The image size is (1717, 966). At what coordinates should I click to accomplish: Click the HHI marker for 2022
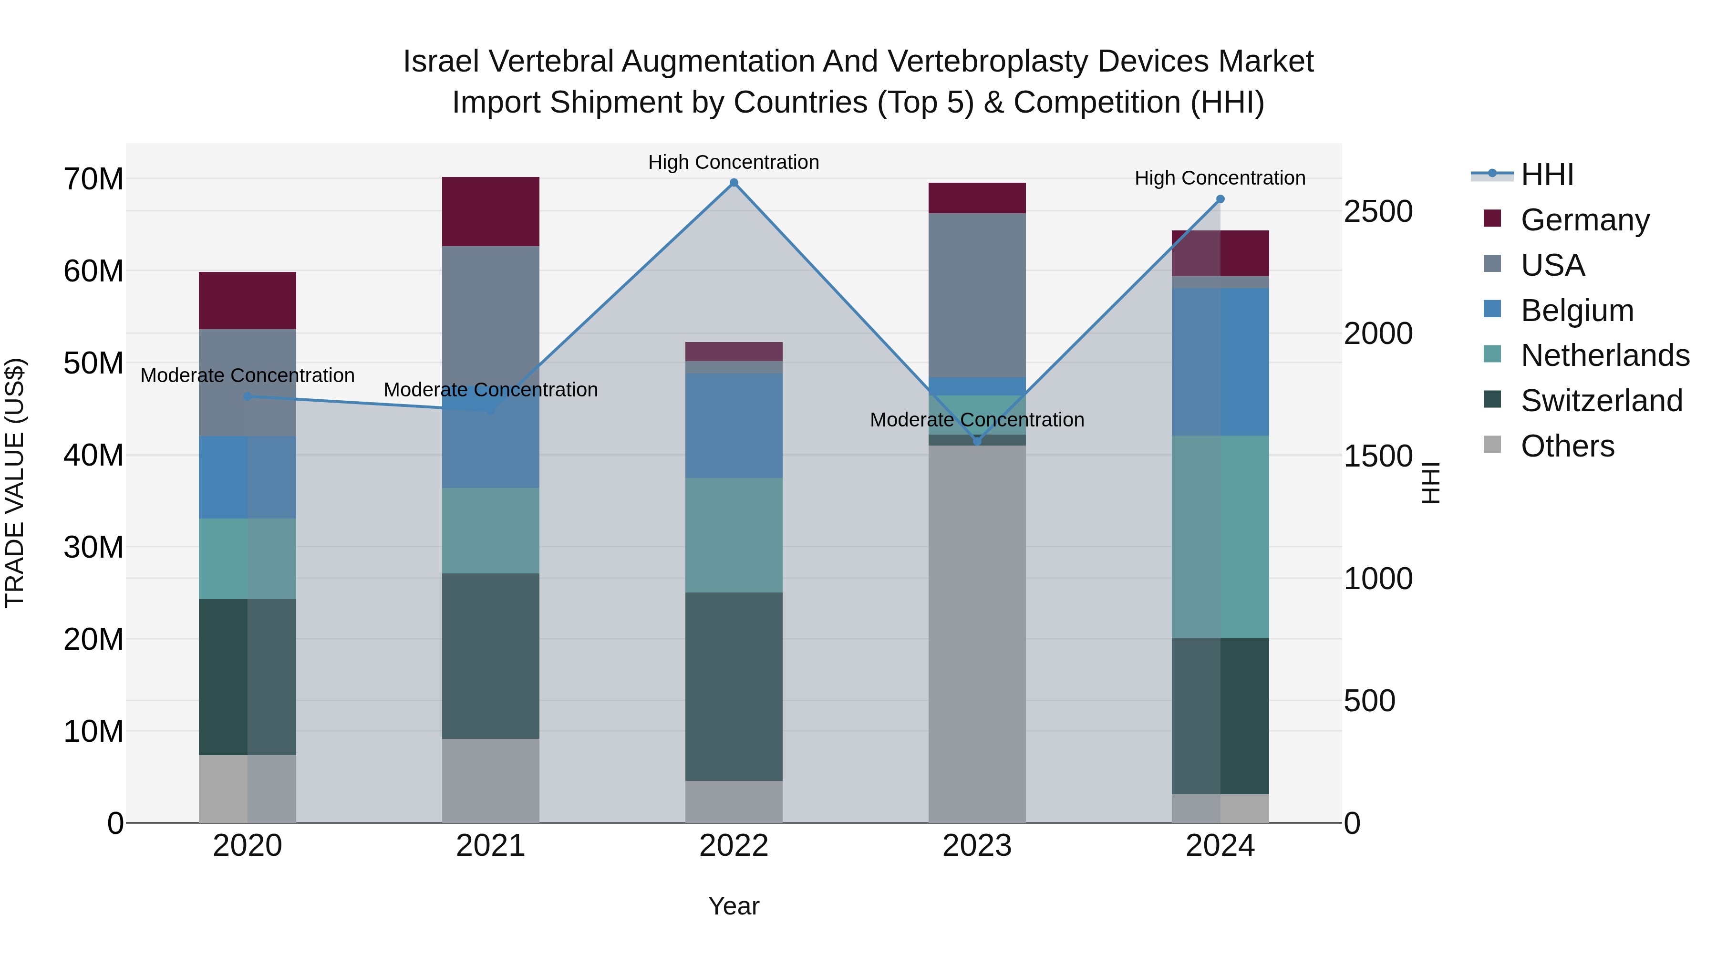point(734,183)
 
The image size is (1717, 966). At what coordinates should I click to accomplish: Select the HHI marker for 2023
point(977,441)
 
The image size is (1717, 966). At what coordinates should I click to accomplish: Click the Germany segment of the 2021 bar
point(491,212)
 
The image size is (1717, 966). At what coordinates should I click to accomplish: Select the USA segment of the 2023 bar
point(977,295)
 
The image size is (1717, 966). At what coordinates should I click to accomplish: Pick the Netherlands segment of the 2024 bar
point(1221,537)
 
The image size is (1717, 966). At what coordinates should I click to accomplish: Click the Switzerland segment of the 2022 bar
point(734,686)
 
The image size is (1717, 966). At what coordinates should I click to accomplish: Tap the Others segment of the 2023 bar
point(977,634)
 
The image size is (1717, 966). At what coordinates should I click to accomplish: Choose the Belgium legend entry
point(1577,311)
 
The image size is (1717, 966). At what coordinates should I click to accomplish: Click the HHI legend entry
point(1546,175)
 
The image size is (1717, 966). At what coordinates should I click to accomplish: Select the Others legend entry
point(1567,446)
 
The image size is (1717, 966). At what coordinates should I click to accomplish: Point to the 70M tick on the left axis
point(93,179)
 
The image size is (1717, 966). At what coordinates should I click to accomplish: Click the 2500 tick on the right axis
point(1378,211)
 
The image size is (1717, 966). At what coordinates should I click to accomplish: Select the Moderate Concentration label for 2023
point(977,420)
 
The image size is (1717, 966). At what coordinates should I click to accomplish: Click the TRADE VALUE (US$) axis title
point(15,483)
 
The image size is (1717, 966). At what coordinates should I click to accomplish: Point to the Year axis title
point(734,906)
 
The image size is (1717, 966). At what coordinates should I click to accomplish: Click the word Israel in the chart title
point(441,62)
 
